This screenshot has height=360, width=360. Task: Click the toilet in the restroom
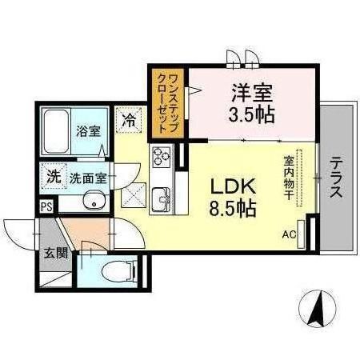click(118, 271)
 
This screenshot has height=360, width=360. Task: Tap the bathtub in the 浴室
click(56, 132)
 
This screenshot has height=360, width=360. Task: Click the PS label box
click(46, 207)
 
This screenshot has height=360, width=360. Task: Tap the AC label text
click(289, 235)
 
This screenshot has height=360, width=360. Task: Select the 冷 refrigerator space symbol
click(129, 119)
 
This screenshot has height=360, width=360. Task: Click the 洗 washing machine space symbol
click(54, 176)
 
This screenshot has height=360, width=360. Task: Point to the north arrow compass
click(317, 308)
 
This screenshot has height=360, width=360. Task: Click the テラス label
click(336, 178)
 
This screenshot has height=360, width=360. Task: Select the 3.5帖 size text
click(251, 114)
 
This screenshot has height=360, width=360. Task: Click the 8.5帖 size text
click(233, 208)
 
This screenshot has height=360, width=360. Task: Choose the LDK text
click(234, 186)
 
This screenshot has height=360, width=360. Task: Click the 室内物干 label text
click(289, 178)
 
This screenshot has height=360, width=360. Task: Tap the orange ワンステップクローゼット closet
click(168, 103)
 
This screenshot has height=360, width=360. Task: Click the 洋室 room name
click(252, 93)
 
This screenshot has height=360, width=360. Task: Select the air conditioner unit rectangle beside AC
click(301, 234)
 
